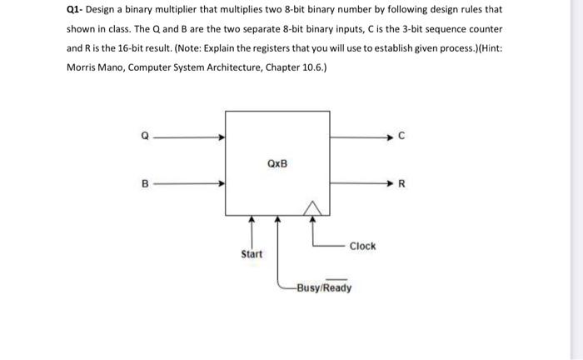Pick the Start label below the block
251,253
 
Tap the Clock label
362,246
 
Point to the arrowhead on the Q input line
220,138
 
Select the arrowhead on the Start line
251,219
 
